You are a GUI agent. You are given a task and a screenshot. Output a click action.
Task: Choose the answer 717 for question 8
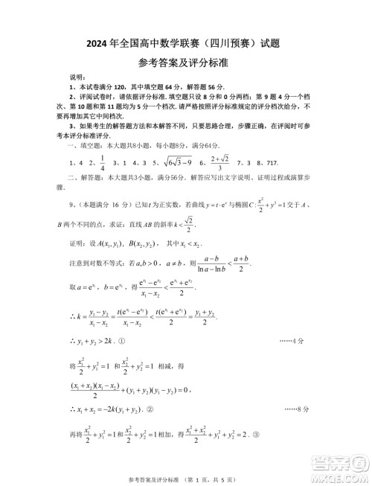[x=278, y=162]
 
